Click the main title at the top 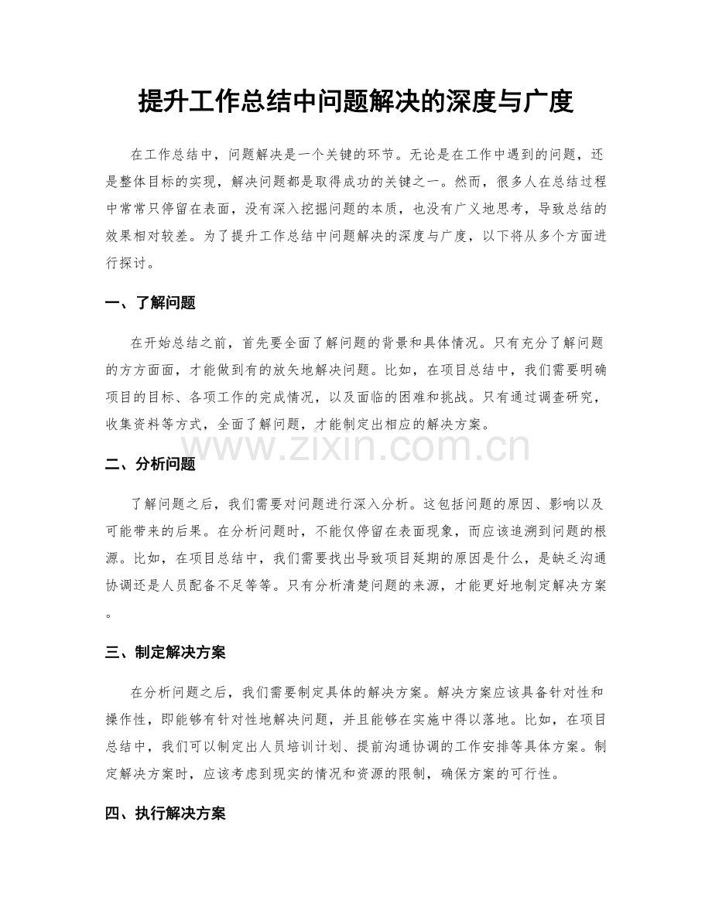(355, 101)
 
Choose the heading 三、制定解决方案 (165, 653)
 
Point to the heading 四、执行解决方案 (165, 814)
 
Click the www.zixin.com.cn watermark (356, 447)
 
